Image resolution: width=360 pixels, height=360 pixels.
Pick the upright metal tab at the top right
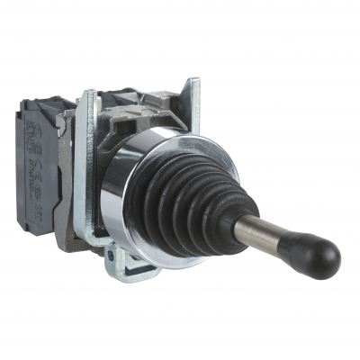[x=192, y=94]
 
